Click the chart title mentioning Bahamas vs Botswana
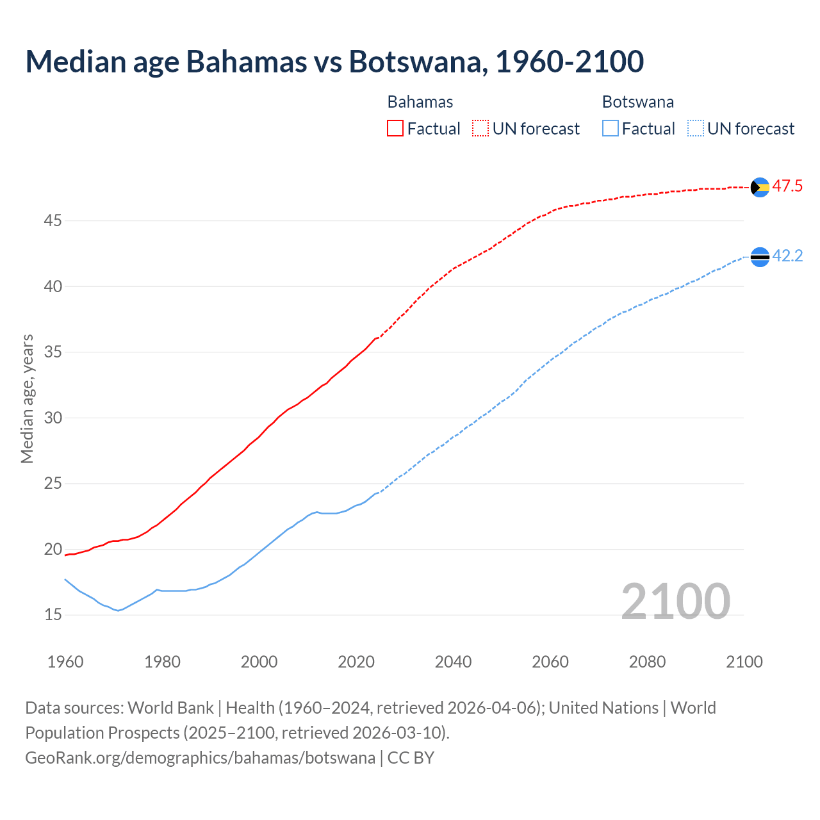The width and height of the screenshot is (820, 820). [334, 61]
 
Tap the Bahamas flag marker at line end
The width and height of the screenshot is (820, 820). [760, 187]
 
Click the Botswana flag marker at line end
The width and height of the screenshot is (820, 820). [760, 257]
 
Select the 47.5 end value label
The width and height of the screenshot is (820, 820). [787, 186]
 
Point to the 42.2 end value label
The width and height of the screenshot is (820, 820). [787, 256]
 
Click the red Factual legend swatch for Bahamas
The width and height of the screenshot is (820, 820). [395, 128]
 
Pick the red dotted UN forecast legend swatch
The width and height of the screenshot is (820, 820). [480, 128]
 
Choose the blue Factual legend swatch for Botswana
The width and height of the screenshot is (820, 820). [611, 128]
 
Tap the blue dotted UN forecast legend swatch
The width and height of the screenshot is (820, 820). [696, 128]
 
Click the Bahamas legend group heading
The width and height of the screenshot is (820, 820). [420, 102]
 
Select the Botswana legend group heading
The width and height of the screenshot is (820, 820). [638, 102]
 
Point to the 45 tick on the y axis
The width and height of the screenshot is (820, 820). [53, 221]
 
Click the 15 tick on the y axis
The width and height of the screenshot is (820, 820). [53, 615]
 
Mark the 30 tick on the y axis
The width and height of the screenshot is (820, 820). [53, 418]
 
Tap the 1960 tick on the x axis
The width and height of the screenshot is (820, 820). [65, 662]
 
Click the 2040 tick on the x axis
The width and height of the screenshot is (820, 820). [454, 662]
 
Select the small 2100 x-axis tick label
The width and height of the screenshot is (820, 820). [744, 662]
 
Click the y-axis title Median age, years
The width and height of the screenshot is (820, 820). [27, 398]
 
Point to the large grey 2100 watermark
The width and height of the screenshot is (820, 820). [676, 601]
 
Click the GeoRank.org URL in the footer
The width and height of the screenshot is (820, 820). [200, 757]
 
